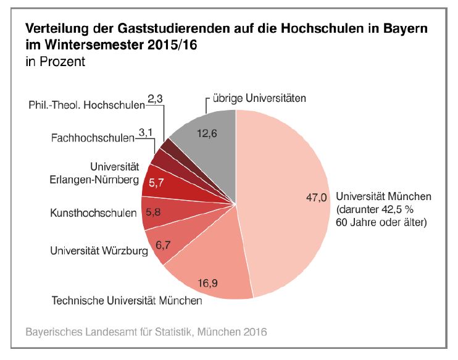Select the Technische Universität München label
pos(127,301)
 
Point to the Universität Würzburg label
pos(99,251)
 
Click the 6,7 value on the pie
pos(163,245)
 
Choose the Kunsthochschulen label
pos(93,214)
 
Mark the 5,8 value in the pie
pos(154,211)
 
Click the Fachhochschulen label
pos(92,137)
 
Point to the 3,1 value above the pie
pos(146,132)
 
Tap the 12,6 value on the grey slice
pos(206,132)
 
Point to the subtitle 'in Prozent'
pos(55,62)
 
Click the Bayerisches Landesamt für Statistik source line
pos(146,332)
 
